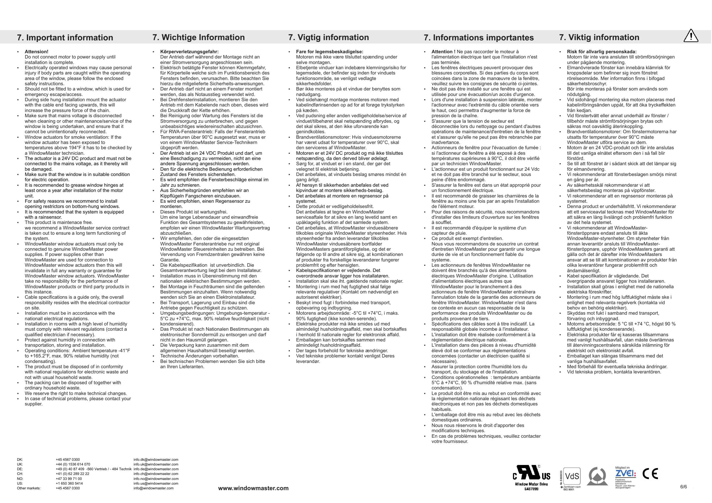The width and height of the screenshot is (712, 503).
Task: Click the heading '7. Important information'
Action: (65, 38)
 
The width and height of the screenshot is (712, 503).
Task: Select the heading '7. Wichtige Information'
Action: (198, 37)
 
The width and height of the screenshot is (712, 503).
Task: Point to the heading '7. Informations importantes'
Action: (478, 38)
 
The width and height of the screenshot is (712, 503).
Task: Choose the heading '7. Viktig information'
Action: (599, 37)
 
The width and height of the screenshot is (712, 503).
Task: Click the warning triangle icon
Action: (691, 36)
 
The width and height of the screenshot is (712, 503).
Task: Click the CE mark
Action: (650, 474)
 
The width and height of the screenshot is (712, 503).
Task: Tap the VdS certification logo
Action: (572, 476)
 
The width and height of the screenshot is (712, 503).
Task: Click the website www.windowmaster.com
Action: (253, 488)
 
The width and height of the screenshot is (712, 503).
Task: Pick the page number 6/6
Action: (683, 487)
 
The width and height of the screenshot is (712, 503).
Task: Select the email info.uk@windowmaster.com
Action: (156, 464)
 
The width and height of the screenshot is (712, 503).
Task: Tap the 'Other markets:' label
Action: (29, 488)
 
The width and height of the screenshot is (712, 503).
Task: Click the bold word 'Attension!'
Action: (36, 51)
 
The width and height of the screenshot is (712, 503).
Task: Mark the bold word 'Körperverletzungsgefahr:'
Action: (189, 51)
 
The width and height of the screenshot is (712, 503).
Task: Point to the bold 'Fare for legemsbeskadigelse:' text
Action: (329, 51)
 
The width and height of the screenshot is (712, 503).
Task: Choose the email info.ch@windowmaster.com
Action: (156, 474)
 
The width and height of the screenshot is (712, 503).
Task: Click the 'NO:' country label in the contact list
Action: (20, 479)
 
